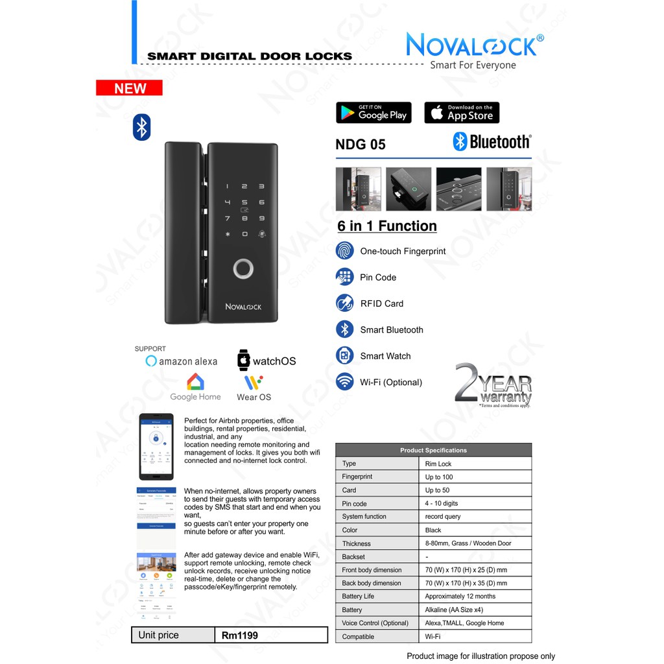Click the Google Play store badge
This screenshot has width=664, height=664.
[x=373, y=113]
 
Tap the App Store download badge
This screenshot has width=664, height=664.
[x=462, y=113]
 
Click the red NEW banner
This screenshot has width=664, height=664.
[x=129, y=88]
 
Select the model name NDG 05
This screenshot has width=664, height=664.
[x=361, y=144]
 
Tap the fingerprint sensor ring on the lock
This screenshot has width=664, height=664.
[x=244, y=268]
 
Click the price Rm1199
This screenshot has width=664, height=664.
[x=240, y=635]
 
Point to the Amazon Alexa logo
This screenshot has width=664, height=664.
[x=182, y=361]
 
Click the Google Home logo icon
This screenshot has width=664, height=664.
[x=195, y=382]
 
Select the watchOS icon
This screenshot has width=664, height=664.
[x=244, y=361]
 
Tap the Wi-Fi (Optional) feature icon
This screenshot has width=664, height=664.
[x=344, y=382]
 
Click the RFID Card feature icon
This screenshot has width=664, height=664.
[x=344, y=303]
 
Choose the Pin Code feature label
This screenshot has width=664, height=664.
[x=378, y=277]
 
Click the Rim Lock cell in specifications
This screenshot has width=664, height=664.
[x=438, y=464]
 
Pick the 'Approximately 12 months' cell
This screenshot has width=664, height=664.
[x=460, y=596]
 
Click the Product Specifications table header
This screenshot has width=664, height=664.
[x=433, y=450]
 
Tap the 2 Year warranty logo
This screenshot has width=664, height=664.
[x=493, y=385]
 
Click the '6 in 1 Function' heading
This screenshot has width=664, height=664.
[x=387, y=226]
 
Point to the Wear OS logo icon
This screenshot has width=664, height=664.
[x=254, y=382]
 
